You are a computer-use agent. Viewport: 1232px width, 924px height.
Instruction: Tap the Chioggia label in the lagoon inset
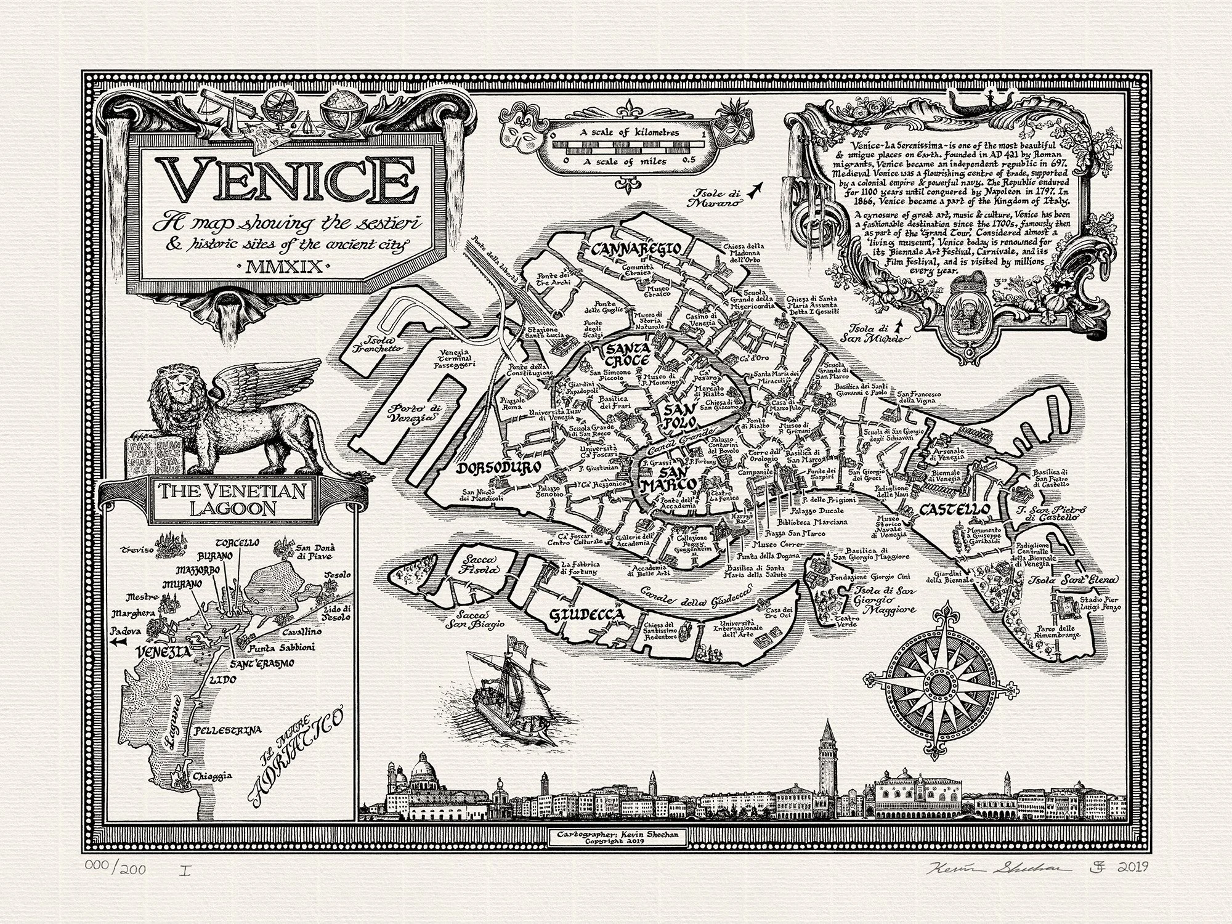pyautogui.click(x=211, y=776)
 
